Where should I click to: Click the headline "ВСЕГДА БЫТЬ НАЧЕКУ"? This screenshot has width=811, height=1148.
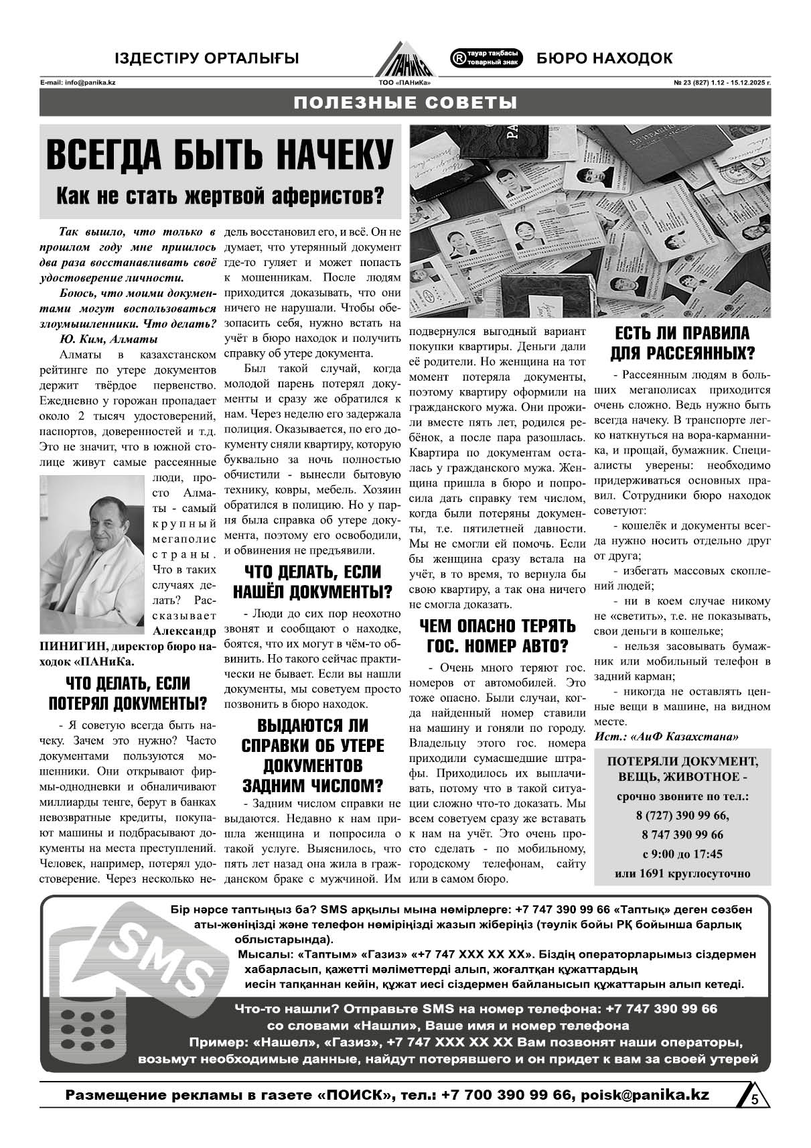click(x=219, y=155)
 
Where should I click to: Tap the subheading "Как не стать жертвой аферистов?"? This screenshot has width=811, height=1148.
click(x=219, y=195)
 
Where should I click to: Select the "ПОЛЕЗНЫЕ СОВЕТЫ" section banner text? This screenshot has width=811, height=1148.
click(x=405, y=103)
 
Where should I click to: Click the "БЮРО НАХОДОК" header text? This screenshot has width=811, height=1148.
click(x=604, y=58)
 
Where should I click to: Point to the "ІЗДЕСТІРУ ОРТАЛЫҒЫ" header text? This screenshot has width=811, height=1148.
click(x=207, y=58)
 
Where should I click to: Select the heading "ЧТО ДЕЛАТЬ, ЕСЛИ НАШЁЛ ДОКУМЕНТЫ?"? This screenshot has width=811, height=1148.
click(x=312, y=582)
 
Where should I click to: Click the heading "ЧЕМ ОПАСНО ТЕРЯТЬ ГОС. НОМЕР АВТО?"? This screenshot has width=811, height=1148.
click(x=497, y=635)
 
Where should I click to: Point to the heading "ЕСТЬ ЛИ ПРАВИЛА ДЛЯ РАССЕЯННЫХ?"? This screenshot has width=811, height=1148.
click(x=682, y=342)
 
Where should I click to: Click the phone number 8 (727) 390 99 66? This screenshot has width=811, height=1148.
click(x=682, y=816)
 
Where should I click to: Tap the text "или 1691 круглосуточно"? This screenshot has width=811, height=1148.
click(x=682, y=873)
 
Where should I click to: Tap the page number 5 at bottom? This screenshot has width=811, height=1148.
click(x=755, y=1100)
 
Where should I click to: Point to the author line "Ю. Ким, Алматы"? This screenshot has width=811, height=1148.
click(x=108, y=338)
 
